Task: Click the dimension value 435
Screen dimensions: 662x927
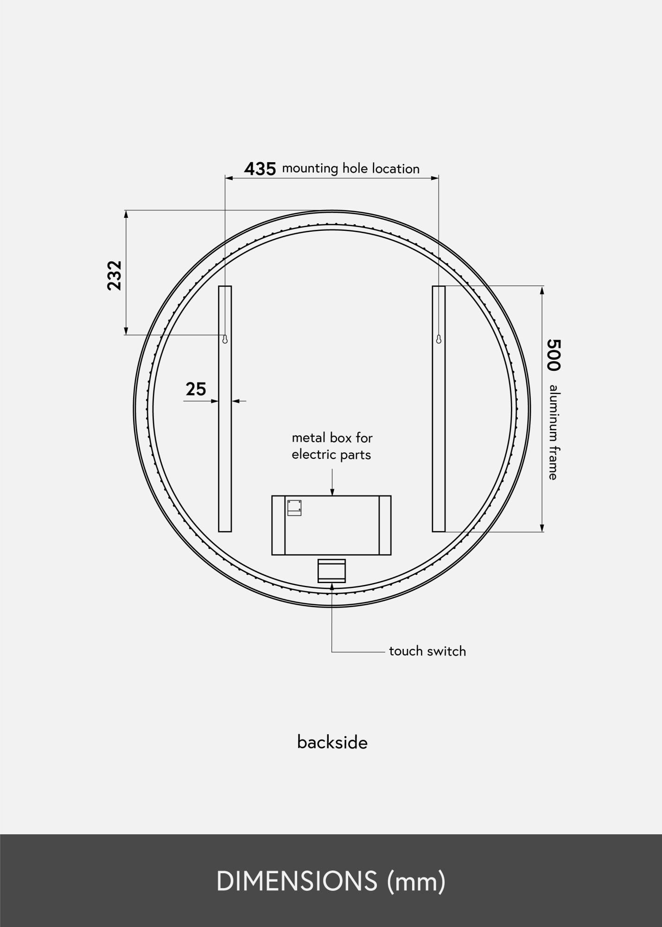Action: [x=260, y=169]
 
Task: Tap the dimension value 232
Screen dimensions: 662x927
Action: [x=115, y=276]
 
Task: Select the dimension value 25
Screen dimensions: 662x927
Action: [x=196, y=389]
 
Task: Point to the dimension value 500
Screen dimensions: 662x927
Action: [x=554, y=355]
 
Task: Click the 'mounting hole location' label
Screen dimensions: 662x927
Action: [x=351, y=168]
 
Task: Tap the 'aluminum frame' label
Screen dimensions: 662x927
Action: [x=553, y=432]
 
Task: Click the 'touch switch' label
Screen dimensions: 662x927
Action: [x=427, y=651]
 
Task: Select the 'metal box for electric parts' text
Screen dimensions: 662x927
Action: [x=332, y=446]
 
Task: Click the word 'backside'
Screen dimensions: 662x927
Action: [x=332, y=742]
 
